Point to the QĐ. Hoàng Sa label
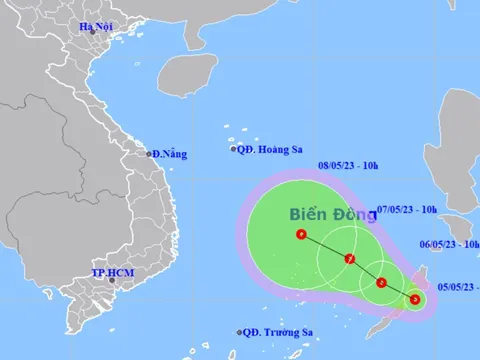[269, 149]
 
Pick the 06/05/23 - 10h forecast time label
[449, 244]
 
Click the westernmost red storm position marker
[302, 236]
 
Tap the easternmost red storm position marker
[415, 298]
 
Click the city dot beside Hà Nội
[92, 32]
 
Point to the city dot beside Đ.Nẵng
[148, 154]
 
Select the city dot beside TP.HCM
[111, 280]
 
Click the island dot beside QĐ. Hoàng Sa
[233, 150]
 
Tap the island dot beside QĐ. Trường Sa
[240, 333]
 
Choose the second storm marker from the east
[382, 283]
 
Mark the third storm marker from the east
[349, 260]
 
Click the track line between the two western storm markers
[325, 248]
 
